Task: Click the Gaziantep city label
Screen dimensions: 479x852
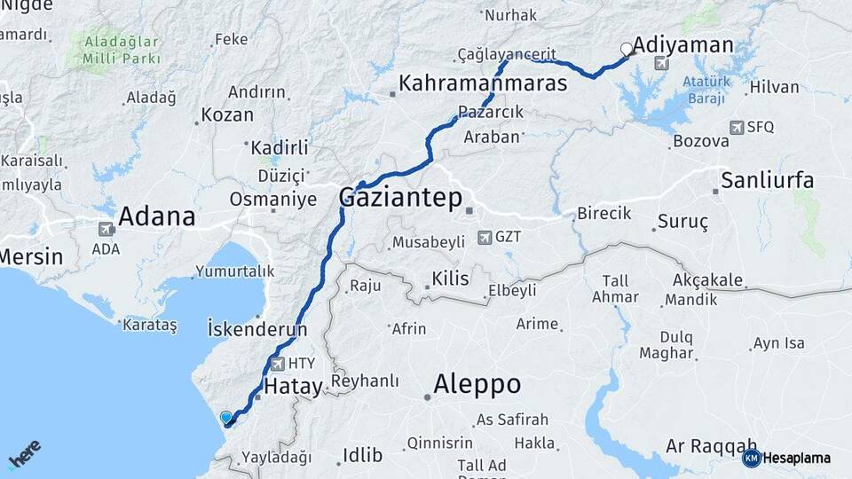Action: (400, 199)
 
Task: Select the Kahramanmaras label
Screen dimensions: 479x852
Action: (483, 84)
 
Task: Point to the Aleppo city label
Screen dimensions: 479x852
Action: (477, 384)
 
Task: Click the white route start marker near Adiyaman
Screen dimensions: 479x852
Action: (627, 50)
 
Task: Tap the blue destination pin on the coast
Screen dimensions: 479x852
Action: (226, 418)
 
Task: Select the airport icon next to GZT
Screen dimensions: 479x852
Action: (485, 237)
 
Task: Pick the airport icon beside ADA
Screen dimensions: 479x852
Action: (106, 228)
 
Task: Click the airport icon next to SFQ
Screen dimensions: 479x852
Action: (736, 128)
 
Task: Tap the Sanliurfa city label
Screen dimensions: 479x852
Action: (767, 180)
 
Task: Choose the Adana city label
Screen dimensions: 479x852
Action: (156, 216)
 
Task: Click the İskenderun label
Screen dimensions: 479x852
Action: (256, 329)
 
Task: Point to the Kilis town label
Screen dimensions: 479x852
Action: (449, 279)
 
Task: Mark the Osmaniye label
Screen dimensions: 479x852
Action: (272, 200)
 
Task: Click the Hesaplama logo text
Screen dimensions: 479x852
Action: (796, 458)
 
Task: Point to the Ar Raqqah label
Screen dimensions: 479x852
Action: (711, 444)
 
